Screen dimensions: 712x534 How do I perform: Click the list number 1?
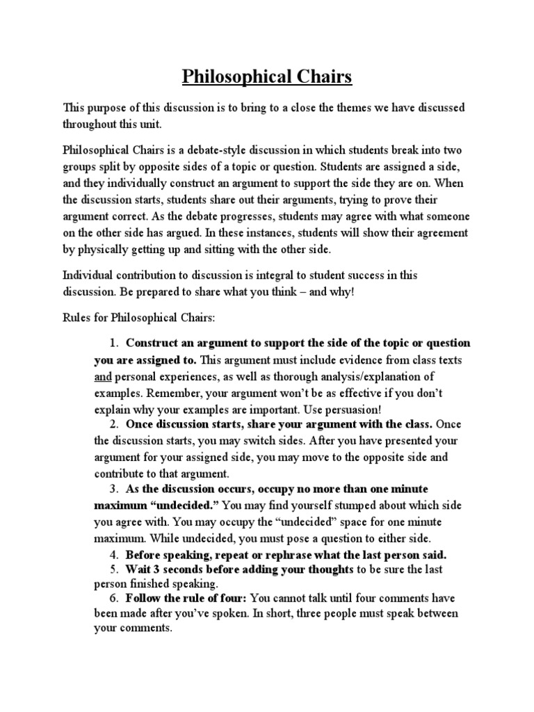[x=114, y=343]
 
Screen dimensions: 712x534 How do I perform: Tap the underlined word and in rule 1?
[x=103, y=377]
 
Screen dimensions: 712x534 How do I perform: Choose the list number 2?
[x=114, y=424]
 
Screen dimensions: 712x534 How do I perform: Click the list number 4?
[x=114, y=554]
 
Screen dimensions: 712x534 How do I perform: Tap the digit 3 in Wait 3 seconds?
[x=156, y=569]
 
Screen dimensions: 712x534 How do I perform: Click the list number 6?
[x=114, y=597]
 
